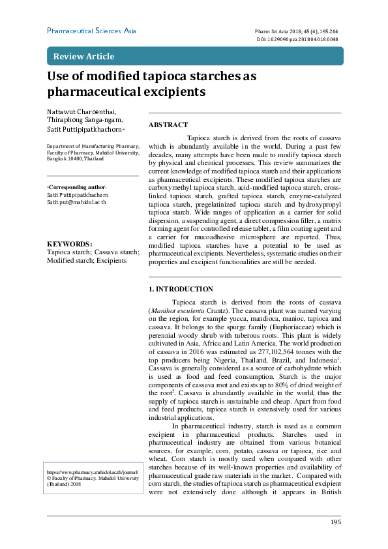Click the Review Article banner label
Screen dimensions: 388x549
click(x=83, y=56)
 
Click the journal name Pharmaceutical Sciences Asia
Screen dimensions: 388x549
click(x=91, y=31)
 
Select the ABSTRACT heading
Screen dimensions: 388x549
click(x=168, y=125)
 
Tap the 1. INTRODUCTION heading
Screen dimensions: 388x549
click(x=181, y=289)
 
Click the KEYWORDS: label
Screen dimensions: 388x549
click(x=70, y=243)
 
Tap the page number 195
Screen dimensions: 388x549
click(x=336, y=522)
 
